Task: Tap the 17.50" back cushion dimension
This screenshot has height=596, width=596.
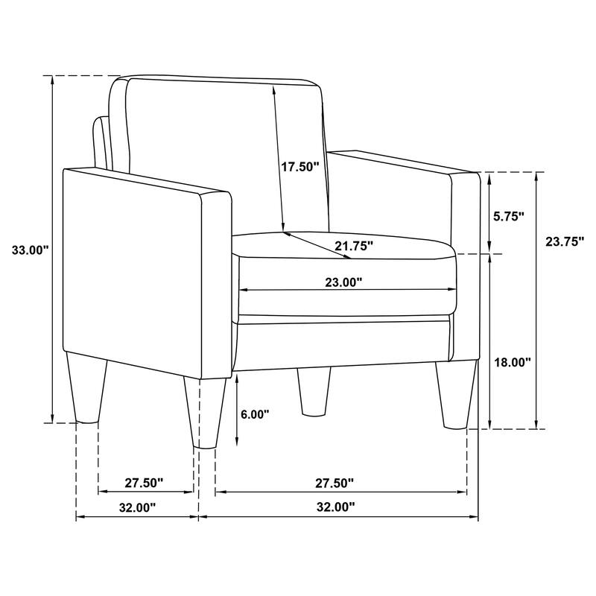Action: click(299, 166)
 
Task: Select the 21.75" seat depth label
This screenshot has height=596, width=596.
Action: click(353, 246)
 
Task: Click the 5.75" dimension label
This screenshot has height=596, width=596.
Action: click(510, 217)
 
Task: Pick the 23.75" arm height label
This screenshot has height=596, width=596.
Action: click(565, 241)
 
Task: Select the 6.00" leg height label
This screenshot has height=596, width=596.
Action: click(256, 415)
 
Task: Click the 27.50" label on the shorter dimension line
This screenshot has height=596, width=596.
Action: click(144, 484)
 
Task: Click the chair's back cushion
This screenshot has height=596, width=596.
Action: click(223, 149)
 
